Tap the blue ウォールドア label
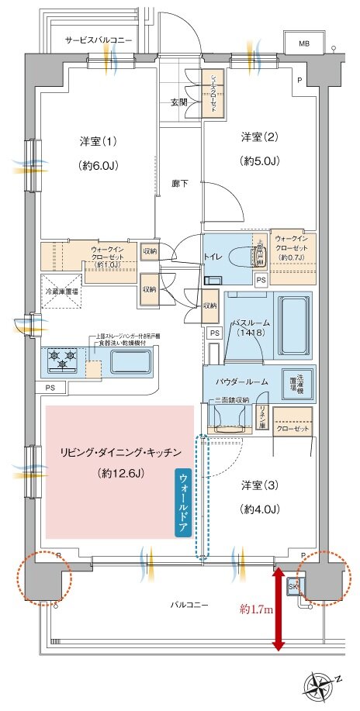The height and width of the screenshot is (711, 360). pyautogui.click(x=183, y=501)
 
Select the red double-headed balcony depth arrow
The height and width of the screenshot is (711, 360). pyautogui.click(x=277, y=611)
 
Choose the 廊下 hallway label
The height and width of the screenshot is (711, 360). pyautogui.click(x=180, y=183)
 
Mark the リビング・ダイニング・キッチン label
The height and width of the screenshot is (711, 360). pyautogui.click(x=120, y=451)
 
